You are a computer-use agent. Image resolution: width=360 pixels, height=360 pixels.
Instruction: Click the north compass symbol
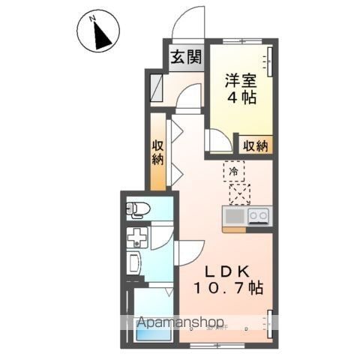(98, 31)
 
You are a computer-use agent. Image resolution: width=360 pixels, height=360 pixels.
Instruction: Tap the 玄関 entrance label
(186, 57)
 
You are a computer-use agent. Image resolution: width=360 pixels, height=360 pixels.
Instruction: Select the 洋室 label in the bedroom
(241, 80)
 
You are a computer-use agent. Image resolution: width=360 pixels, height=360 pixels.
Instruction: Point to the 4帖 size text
(241, 97)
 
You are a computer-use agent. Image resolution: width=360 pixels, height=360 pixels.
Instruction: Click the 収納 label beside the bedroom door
(256, 145)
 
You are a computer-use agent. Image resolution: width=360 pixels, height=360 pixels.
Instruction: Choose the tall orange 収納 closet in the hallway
(158, 151)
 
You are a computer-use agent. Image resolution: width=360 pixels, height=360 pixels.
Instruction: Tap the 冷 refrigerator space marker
(234, 171)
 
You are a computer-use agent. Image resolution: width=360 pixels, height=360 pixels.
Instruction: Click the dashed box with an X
(240, 194)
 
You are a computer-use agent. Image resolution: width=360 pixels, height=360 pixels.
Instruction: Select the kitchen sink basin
(235, 217)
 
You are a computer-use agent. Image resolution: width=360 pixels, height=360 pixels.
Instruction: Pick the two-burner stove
(259, 216)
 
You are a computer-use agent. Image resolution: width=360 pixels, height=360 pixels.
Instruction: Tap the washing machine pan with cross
(137, 237)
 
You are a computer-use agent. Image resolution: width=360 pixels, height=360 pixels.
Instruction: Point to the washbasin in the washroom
(134, 262)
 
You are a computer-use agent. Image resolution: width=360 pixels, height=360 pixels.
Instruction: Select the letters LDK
(227, 271)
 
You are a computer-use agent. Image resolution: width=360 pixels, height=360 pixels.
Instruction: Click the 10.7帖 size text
(228, 288)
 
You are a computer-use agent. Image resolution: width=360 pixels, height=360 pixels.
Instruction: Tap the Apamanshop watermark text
(181, 322)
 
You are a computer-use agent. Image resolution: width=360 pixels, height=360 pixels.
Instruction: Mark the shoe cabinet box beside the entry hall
(157, 88)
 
